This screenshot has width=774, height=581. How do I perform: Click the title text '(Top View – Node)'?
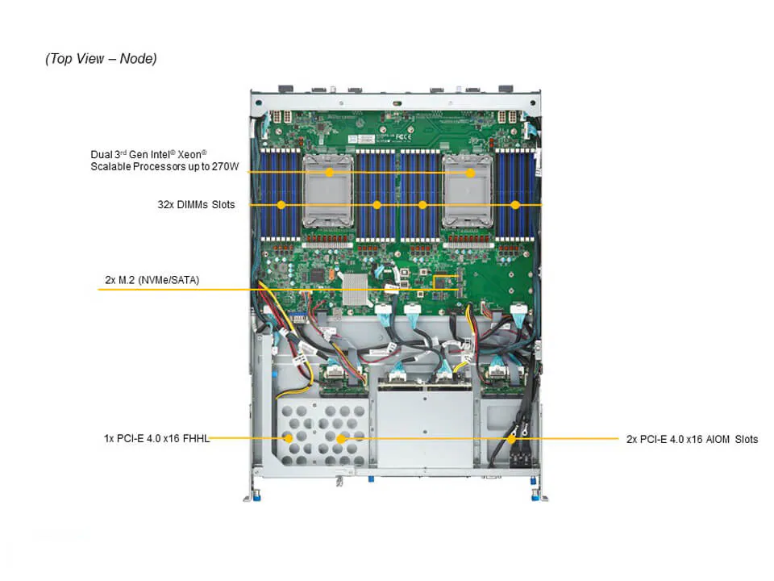click(x=101, y=58)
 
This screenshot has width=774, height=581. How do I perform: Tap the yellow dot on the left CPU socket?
click(x=329, y=172)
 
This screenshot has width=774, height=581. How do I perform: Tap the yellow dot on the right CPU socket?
click(x=469, y=172)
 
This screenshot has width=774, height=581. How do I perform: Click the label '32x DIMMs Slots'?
click(x=196, y=205)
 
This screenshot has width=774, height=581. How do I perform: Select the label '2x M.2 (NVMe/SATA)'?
click(x=152, y=280)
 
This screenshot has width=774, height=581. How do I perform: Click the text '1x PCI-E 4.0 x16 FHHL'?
click(x=157, y=439)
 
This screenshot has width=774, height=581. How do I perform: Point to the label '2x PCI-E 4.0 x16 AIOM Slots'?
click(x=692, y=439)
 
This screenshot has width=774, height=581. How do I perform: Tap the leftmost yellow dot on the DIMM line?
click(x=281, y=205)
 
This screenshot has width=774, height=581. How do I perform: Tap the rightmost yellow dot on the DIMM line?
click(x=516, y=205)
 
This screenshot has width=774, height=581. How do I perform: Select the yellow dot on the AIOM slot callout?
click(x=513, y=439)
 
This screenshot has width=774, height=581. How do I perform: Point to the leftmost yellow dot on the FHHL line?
click(x=288, y=439)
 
